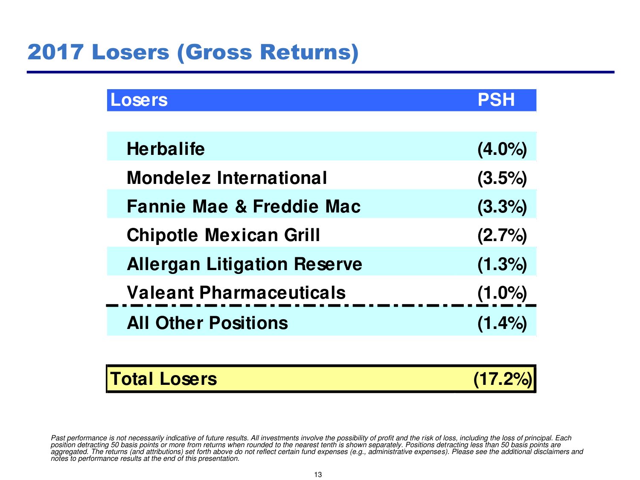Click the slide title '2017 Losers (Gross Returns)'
(193, 52)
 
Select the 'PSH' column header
(496, 100)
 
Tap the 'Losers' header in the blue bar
(139, 100)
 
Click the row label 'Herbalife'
(166, 149)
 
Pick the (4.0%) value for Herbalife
(502, 149)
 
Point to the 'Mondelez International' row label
(227, 178)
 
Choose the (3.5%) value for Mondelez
(502, 178)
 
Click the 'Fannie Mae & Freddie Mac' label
(244, 207)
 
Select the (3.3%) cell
(502, 207)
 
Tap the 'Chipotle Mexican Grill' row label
(223, 235)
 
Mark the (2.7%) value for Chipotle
(502, 235)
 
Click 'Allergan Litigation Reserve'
(244, 264)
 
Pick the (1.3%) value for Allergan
(502, 264)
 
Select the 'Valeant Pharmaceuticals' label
(236, 293)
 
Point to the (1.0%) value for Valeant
(502, 293)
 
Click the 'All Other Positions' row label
(207, 323)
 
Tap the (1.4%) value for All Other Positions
(502, 323)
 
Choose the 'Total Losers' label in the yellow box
(163, 379)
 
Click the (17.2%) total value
(503, 379)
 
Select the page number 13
(318, 474)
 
